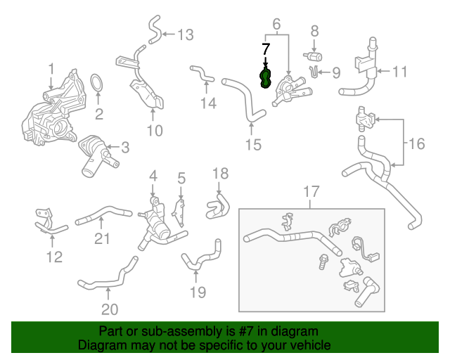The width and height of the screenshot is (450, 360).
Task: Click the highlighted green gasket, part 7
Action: pyautogui.click(x=266, y=77)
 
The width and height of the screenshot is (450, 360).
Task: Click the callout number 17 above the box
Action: pyautogui.click(x=311, y=191)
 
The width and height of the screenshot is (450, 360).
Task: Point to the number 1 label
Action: pyautogui.click(x=51, y=68)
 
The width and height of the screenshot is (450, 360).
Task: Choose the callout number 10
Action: pyautogui.click(x=154, y=130)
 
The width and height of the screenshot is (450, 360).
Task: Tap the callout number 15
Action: pyautogui.click(x=252, y=145)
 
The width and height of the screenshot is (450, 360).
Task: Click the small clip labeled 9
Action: pyautogui.click(x=314, y=71)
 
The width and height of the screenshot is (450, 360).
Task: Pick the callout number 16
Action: pyautogui.click(x=416, y=144)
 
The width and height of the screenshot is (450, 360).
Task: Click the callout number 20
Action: pyautogui.click(x=109, y=309)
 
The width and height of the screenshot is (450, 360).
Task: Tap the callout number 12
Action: pyautogui.click(x=54, y=257)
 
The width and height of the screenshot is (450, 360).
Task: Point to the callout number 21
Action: pyautogui.click(x=103, y=239)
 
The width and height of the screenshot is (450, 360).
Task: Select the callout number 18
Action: pyautogui.click(x=220, y=173)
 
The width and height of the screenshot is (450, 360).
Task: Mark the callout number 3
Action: pyautogui.click(x=125, y=148)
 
